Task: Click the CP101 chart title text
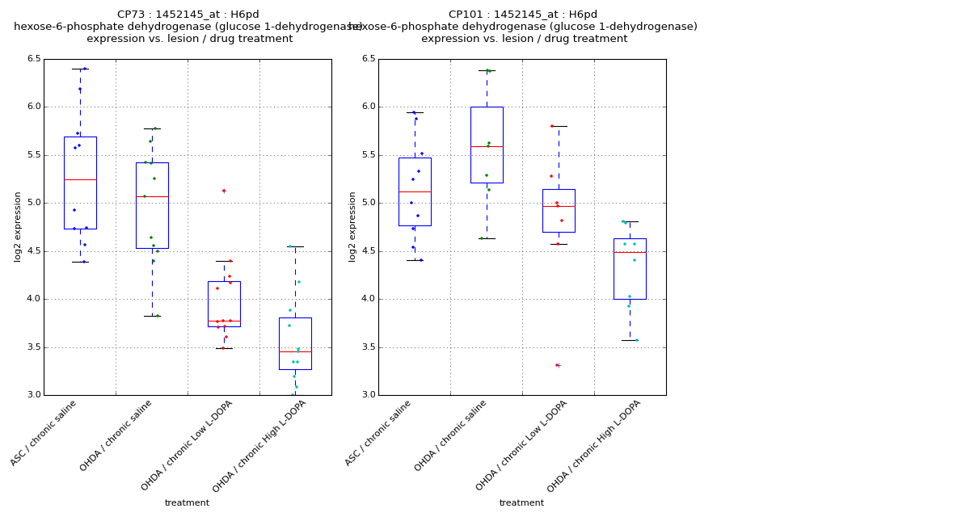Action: click(523, 15)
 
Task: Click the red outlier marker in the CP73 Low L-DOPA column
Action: click(224, 191)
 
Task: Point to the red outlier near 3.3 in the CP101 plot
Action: click(558, 365)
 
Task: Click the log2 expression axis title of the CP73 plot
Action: click(18, 226)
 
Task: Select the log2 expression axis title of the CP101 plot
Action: click(352, 226)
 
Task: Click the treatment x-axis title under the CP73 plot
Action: click(187, 503)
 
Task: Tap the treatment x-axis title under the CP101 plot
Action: click(521, 503)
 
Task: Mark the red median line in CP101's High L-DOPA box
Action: click(630, 252)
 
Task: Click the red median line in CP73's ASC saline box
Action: click(80, 179)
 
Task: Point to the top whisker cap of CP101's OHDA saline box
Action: click(487, 70)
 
